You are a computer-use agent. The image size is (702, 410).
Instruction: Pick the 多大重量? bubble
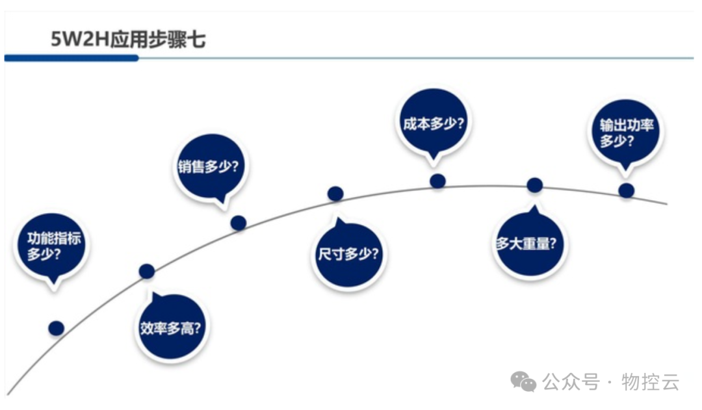530,245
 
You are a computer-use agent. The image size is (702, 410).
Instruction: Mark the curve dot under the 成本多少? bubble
438,181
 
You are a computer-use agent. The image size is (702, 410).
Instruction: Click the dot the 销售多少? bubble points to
239,223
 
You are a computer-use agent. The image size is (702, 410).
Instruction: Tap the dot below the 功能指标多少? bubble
57,328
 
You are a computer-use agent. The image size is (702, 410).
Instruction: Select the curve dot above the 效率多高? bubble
147,271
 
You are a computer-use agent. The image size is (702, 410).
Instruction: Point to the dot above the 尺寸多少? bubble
335,193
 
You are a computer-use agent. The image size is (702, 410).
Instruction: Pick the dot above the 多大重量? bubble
534,185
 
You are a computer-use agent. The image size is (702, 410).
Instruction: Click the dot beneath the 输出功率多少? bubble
626,190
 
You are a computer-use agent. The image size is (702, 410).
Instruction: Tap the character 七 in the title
197,40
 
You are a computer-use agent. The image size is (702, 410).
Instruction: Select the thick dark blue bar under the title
71,58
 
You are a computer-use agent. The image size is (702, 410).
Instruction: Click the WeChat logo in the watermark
523,381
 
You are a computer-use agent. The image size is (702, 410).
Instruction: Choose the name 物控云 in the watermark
650,381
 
